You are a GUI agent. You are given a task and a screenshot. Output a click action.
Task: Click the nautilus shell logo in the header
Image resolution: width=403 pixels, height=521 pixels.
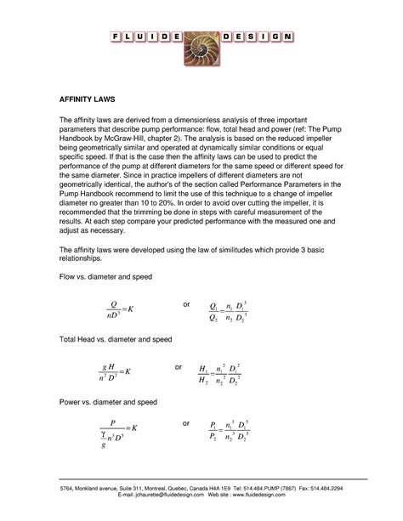coord(201,40)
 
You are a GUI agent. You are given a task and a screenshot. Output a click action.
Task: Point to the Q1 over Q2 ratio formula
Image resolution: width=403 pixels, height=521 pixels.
coord(229,311)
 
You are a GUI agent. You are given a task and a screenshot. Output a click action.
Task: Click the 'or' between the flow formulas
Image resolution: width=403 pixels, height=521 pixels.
coord(188,303)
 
